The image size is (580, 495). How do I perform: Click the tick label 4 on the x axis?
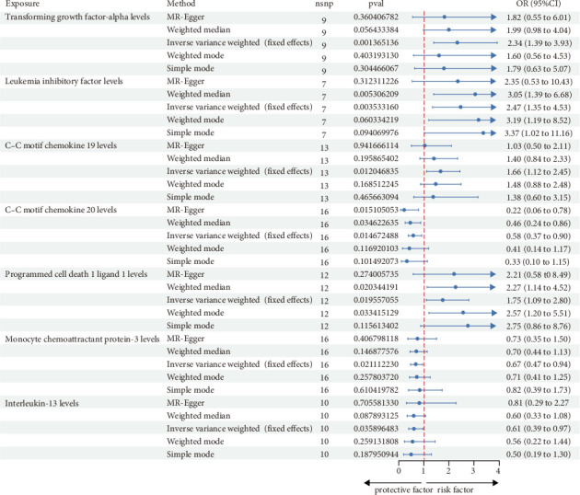point(497,470)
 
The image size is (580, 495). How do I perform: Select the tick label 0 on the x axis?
point(399,470)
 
